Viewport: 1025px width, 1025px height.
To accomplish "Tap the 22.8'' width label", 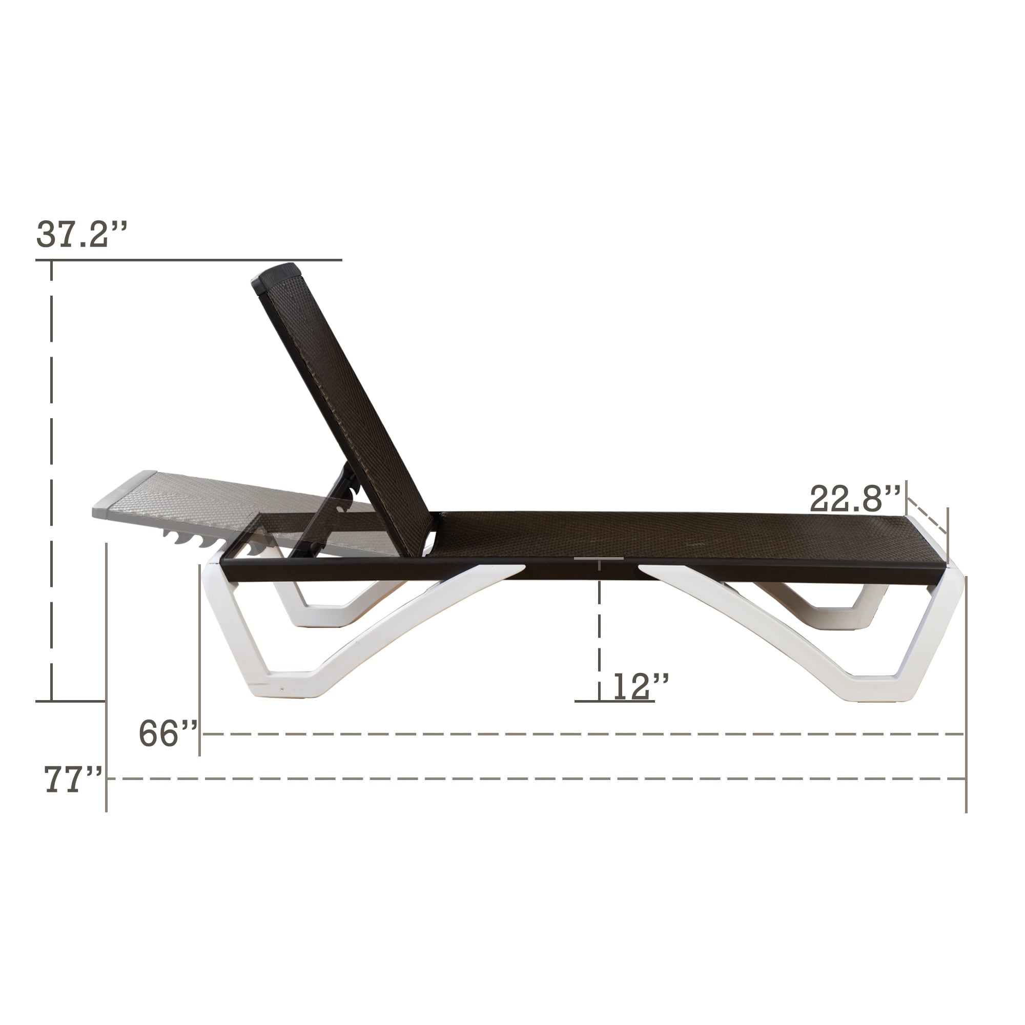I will click(x=855, y=498).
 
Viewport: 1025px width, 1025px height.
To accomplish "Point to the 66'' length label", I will click(x=168, y=734).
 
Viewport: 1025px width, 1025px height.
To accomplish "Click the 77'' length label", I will click(x=73, y=780).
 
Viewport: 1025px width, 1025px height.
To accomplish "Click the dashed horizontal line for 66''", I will click(x=584, y=734).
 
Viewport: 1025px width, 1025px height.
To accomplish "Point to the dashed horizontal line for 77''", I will click(x=530, y=779).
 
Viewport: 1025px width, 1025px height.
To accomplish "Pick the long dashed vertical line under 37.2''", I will click(x=51, y=478).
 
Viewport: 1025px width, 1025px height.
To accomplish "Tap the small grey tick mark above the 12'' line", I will click(x=599, y=558).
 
